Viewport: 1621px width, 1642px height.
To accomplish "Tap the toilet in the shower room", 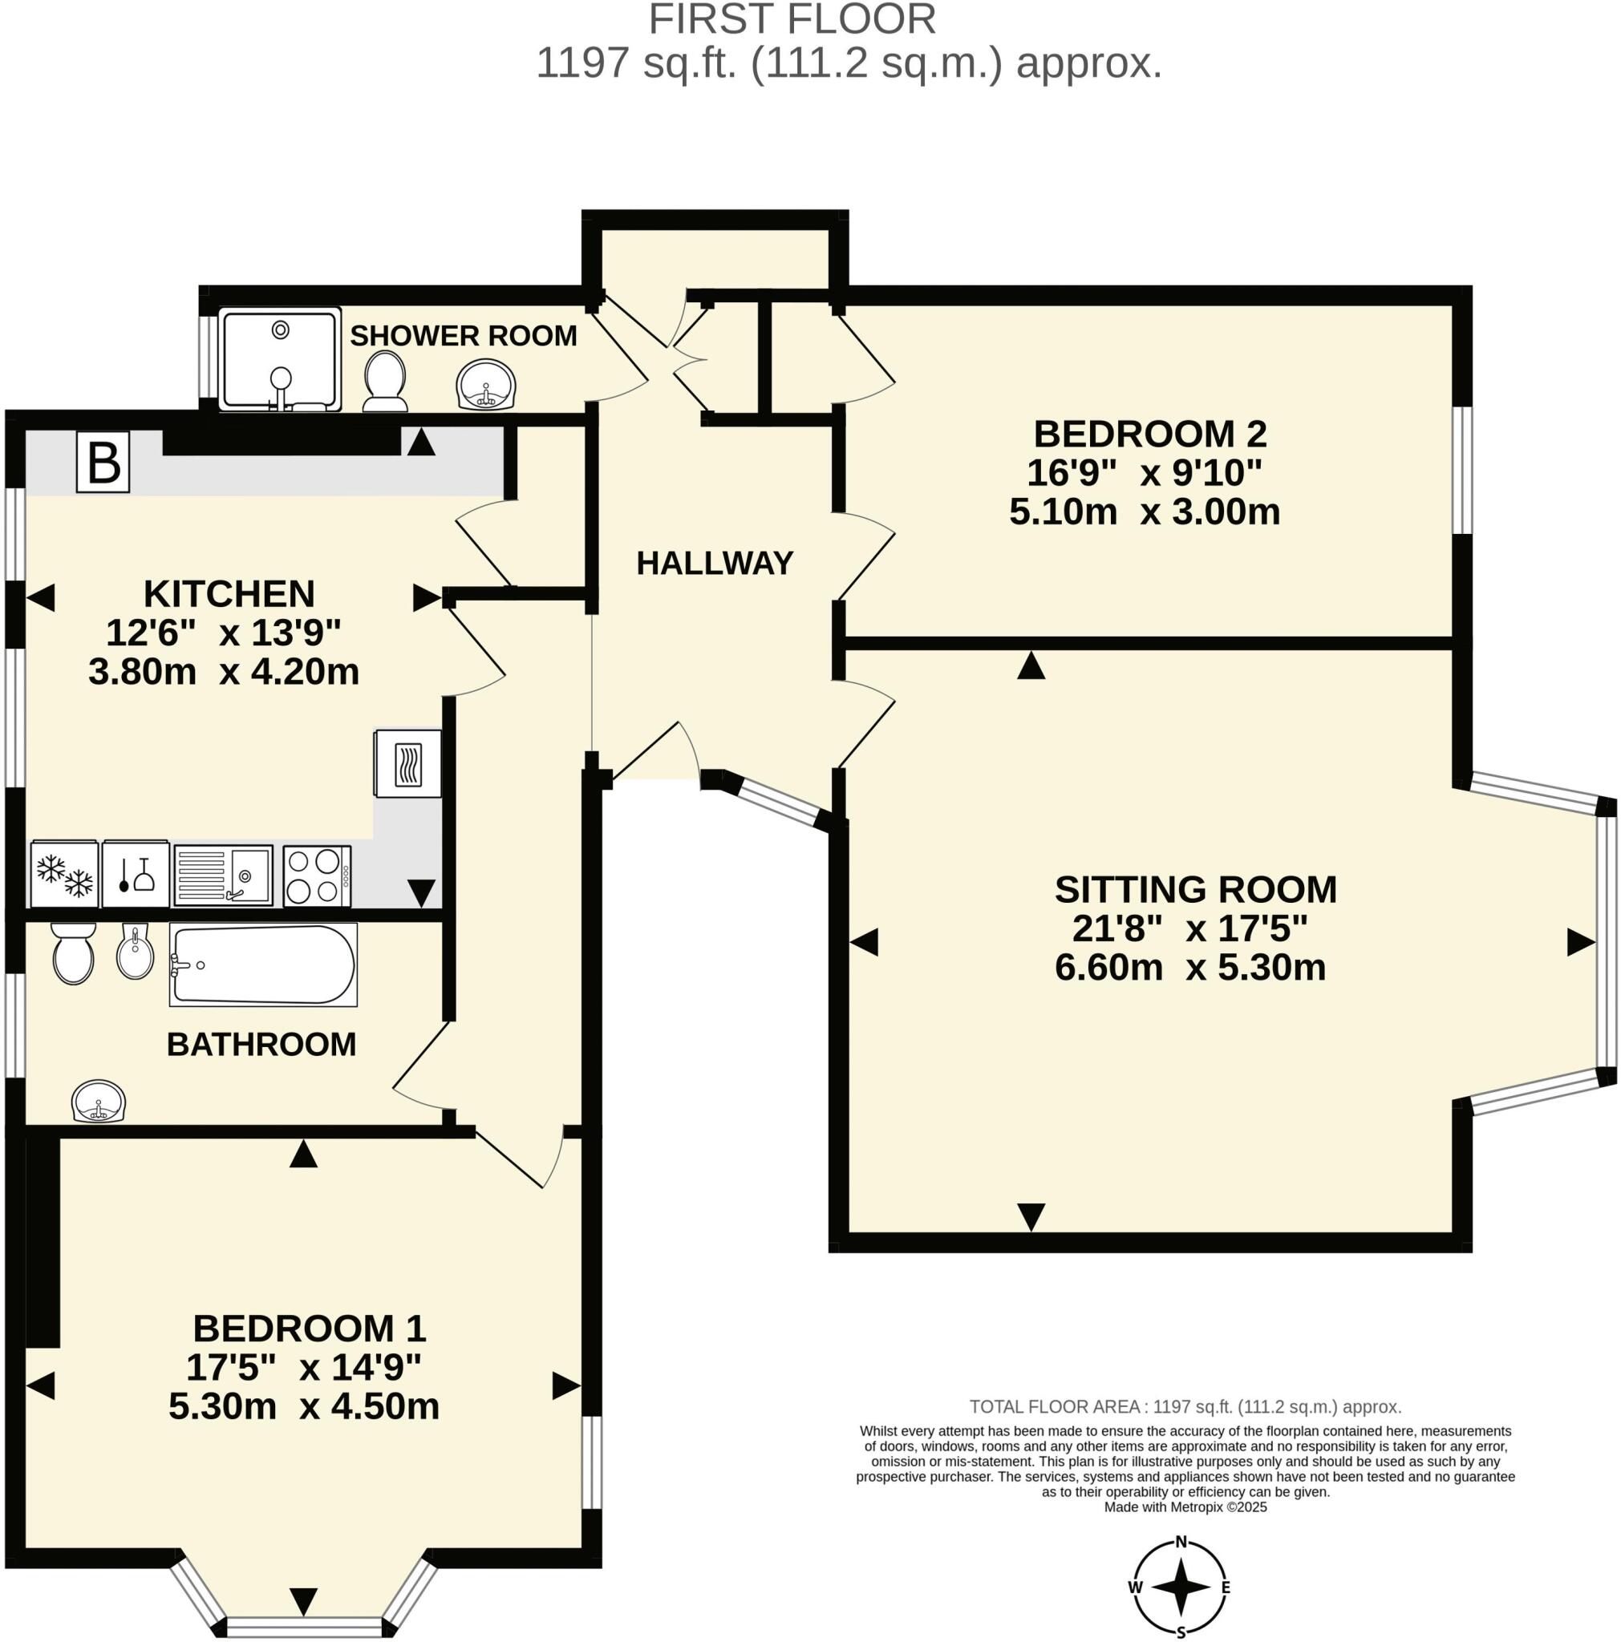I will pyautogui.click(x=383, y=382).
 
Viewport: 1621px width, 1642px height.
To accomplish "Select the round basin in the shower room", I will pyautogui.click(x=485, y=386).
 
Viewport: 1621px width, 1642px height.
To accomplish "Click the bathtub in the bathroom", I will pyautogui.click(x=262, y=965).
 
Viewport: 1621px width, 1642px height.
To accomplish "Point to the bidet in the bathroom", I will pyautogui.click(x=136, y=952).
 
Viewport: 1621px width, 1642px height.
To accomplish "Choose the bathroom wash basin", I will pyautogui.click(x=99, y=1102).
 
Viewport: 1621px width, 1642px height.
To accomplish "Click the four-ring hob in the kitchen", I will pyautogui.click(x=316, y=876).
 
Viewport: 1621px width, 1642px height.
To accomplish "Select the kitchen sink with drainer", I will pyautogui.click(x=224, y=876).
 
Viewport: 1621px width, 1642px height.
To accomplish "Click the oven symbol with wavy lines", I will pyautogui.click(x=408, y=763).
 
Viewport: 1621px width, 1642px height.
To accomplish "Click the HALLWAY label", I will pyautogui.click(x=714, y=563).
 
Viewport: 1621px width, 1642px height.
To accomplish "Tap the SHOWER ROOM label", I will pyautogui.click(x=464, y=336).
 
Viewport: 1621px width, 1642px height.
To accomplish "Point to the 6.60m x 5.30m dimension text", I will pyautogui.click(x=1190, y=967).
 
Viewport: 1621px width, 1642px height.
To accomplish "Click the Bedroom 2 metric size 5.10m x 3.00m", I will pyautogui.click(x=1144, y=512).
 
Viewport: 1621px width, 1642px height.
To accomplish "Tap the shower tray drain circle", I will pyautogui.click(x=281, y=329).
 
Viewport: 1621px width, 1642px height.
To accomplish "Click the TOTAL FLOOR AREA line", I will pyautogui.click(x=1185, y=1406).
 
